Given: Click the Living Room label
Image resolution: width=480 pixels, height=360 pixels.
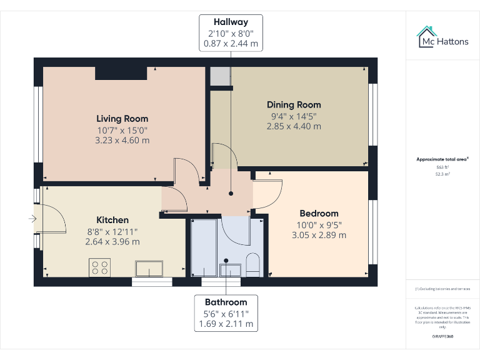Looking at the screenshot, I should [122, 119].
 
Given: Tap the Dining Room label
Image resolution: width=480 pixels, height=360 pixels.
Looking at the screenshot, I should [294, 105].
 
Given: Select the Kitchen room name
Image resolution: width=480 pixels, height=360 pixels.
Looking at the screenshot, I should [112, 220].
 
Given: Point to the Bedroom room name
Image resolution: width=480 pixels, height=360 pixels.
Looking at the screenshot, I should [319, 214].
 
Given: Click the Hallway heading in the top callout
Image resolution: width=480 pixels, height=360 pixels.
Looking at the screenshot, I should [231, 22].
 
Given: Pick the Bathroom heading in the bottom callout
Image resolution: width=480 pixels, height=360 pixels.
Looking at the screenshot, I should [226, 302].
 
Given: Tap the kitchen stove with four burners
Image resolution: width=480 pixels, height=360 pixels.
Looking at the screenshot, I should [100, 267].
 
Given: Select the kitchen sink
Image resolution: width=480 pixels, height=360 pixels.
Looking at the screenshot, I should [149, 269].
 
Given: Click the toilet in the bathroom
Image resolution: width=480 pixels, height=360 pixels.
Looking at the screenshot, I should [253, 265].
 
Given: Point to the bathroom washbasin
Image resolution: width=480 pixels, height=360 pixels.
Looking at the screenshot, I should [230, 269].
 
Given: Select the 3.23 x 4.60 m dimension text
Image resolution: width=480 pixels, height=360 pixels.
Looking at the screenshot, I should [122, 141].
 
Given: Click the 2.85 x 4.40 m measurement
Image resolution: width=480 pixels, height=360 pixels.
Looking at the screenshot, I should [294, 126].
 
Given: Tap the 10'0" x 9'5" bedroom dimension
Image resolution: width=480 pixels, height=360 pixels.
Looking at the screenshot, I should [319, 225].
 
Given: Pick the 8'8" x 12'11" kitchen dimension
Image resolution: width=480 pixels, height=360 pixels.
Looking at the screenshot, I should [112, 231].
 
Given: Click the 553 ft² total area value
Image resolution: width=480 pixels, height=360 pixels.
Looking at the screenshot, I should [442, 167].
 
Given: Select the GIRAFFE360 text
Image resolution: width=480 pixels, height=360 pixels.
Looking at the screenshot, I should [442, 337].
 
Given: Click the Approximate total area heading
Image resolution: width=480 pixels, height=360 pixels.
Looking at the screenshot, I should [442, 159].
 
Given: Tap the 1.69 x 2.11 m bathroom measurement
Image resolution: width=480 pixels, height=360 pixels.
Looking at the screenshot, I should [226, 324].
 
